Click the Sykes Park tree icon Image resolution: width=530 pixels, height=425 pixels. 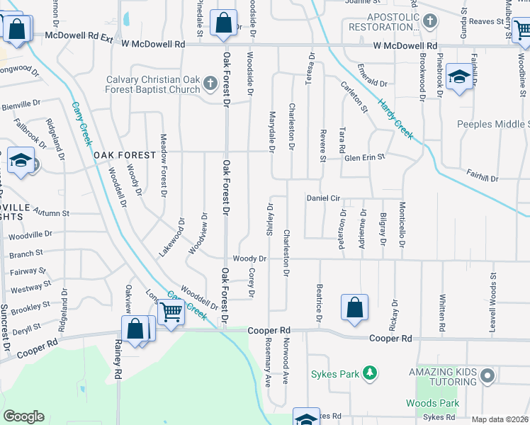click(368, 372)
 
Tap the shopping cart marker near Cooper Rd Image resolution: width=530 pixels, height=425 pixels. click(171, 311)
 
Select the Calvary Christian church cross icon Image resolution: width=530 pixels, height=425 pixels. click(210, 84)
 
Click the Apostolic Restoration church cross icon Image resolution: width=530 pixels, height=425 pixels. click(429, 22)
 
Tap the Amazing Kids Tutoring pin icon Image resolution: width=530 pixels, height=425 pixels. click(486, 375)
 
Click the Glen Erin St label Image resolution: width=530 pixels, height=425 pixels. click(364, 157)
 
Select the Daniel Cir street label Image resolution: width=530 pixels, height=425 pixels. click(323, 198)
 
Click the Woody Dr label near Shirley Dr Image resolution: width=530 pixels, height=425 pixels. click(249, 259)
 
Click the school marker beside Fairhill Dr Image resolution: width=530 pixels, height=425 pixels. click(459, 77)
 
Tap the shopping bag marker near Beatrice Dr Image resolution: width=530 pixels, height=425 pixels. click(355, 307)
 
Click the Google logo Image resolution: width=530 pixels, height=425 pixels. click(23, 416)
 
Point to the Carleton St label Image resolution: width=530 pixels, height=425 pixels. click(354, 98)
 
